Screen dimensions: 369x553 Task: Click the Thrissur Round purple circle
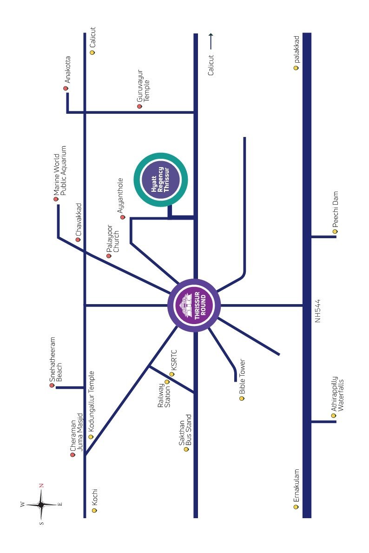pyautogui.click(x=194, y=306)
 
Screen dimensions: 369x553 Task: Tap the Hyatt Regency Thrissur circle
pyautogui.click(x=161, y=180)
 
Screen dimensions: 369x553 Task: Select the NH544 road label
pyautogui.click(x=317, y=311)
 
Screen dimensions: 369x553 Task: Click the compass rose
pyautogui.click(x=41, y=505)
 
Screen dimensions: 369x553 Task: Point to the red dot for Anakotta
pyautogui.click(x=66, y=88)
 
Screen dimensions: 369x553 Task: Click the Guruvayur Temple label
pyautogui.click(x=143, y=86)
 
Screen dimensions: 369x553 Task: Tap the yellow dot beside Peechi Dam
pyautogui.click(x=335, y=231)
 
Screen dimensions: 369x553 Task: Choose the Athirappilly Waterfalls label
pyautogui.click(x=337, y=394)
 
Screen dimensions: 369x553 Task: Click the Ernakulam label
pyautogui.click(x=296, y=485)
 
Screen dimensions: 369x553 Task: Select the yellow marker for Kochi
pyautogui.click(x=94, y=510)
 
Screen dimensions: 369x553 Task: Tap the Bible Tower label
pyautogui.click(x=242, y=377)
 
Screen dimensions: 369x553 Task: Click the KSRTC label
pyautogui.click(x=174, y=360)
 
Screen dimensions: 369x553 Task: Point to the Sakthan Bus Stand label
pyautogui.click(x=185, y=429)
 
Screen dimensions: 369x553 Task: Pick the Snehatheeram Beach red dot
pyautogui.click(x=52, y=385)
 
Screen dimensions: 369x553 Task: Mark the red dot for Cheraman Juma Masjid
pyautogui.click(x=73, y=455)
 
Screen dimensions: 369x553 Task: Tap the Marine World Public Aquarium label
pyautogui.click(x=60, y=171)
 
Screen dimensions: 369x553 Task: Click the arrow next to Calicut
pyautogui.click(x=211, y=41)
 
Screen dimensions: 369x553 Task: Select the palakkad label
pyautogui.click(x=296, y=49)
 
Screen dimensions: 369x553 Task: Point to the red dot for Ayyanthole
pyautogui.click(x=123, y=217)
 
